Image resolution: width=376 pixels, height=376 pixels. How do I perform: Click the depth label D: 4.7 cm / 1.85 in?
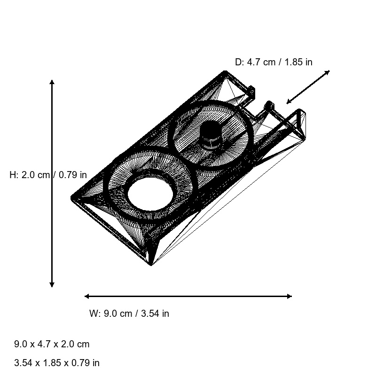pos(274,62)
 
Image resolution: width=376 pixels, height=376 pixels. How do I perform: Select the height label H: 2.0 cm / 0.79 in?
pos(48,175)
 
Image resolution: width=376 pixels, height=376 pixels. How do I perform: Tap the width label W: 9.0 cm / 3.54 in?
pos(129,313)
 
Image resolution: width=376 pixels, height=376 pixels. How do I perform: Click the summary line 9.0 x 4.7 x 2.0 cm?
pos(52,344)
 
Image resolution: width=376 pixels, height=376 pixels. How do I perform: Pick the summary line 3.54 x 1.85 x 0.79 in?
pos(57,363)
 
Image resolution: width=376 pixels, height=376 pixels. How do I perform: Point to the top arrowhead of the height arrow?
pos(52,82)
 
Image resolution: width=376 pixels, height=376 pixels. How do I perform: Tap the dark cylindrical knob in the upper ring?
pos(211,135)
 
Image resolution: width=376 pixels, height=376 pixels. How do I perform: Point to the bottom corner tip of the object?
pos(151,265)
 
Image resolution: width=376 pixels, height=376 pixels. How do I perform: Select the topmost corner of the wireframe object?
pos(226,72)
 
